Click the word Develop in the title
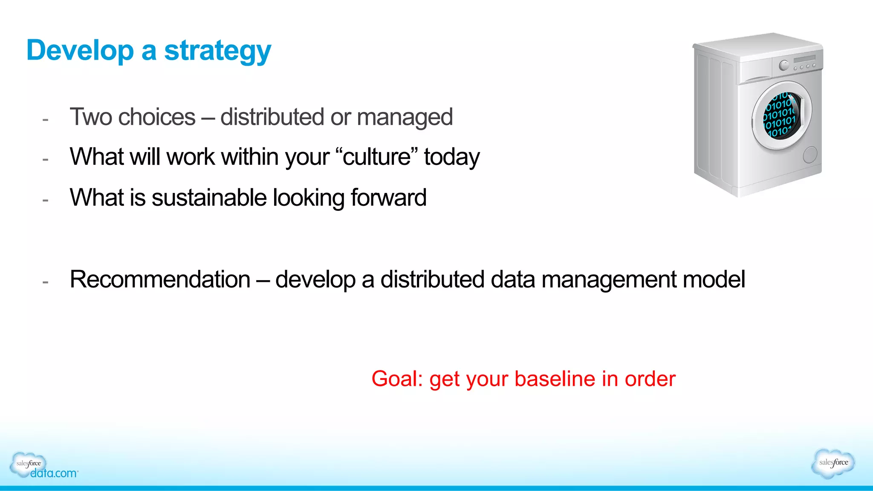pos(80,51)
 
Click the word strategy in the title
pos(217,52)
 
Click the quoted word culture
pos(376,157)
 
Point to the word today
pos(451,158)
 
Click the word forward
pos(388,198)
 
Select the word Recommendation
pos(160,280)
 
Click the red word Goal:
pos(396,379)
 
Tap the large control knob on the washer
pos(784,65)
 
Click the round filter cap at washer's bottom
pos(810,155)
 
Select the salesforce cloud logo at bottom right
pos(833,463)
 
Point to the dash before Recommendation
pos(45,281)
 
